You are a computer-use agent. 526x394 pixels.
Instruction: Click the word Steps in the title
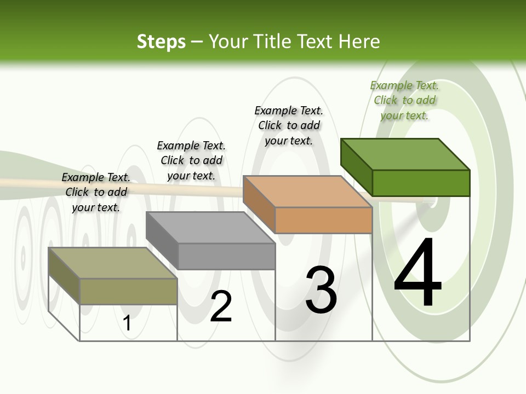pos(161,42)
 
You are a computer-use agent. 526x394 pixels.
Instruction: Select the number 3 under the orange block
pos(321,291)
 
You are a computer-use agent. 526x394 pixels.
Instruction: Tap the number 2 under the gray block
pos(221,307)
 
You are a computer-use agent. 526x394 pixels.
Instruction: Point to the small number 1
pos(127,323)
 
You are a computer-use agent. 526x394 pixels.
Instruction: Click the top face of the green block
pos(405,154)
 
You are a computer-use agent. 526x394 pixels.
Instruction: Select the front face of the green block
pos(421,183)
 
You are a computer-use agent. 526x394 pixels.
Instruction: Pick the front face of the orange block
pos(323,220)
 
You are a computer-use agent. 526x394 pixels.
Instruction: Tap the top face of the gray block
pos(210,227)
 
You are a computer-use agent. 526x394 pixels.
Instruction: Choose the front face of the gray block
pos(226,256)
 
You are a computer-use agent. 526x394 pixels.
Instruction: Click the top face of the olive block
pos(113,263)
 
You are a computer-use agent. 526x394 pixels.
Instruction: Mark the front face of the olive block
pos(128,291)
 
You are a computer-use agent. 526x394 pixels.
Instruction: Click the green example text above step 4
pos(404,100)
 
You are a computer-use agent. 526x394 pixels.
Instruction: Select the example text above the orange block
pos(289,125)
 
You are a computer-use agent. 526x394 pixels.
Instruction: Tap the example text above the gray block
pos(191,160)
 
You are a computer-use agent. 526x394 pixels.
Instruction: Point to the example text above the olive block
pos(96,192)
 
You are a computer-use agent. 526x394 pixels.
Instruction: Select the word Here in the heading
pos(360,42)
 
